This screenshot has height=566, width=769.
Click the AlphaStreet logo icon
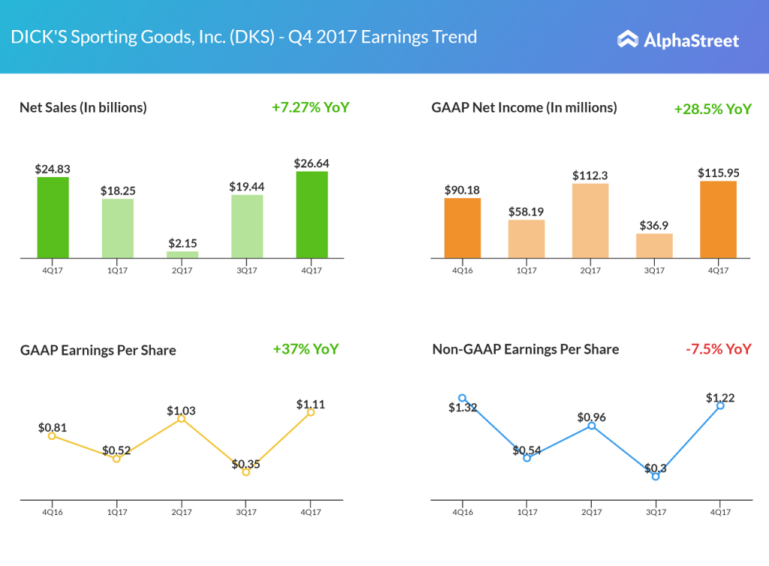[x=628, y=39]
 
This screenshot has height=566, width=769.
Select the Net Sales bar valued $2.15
[x=182, y=254]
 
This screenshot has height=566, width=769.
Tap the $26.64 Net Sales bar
[x=312, y=215]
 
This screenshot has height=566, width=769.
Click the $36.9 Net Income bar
[x=654, y=245]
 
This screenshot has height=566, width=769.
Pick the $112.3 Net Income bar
[x=590, y=221]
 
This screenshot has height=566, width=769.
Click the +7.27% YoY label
[x=310, y=107]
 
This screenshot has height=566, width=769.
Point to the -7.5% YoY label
[x=717, y=349]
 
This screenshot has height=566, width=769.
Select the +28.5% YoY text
[x=713, y=109]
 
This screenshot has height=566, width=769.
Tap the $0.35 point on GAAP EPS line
[x=246, y=472]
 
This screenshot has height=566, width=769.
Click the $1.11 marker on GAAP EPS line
[x=310, y=412]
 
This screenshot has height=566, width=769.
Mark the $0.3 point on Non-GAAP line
[x=656, y=477]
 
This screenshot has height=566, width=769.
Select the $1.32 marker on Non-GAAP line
[x=463, y=399]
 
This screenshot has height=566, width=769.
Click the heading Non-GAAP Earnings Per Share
[x=526, y=349]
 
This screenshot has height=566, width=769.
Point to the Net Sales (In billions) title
[x=83, y=107]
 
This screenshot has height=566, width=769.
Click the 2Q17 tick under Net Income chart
[x=590, y=270]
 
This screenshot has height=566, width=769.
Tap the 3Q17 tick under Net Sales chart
[x=247, y=270]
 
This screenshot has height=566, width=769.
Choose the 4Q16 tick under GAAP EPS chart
[x=52, y=511]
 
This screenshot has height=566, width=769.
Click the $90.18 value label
[x=463, y=188]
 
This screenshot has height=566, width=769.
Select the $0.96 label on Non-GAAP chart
[x=592, y=417]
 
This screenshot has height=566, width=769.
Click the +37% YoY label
[x=306, y=349]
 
